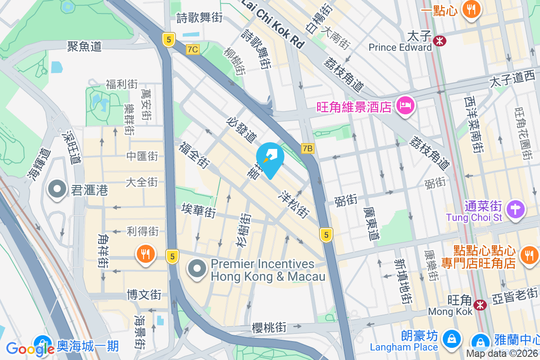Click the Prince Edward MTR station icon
[440, 41]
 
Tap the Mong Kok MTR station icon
[481, 305]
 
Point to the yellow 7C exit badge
[193, 49]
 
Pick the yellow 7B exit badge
[308, 148]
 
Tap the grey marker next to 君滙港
[57, 189]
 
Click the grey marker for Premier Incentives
[197, 269]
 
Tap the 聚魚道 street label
[85, 46]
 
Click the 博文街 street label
[144, 295]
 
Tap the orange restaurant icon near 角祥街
[145, 255]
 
